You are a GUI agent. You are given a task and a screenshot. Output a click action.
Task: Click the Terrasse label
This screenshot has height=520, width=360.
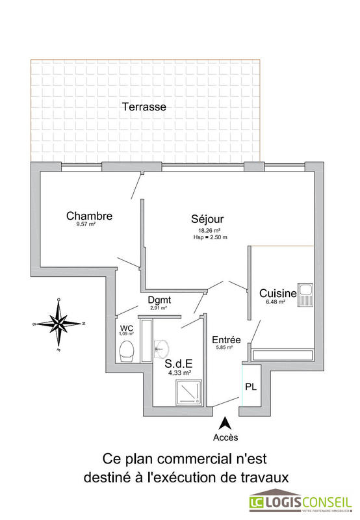[144, 107]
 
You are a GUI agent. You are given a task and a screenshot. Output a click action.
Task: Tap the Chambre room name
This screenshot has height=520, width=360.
[90, 216]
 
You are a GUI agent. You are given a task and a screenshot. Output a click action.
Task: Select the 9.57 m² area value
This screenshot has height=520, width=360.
[86, 225]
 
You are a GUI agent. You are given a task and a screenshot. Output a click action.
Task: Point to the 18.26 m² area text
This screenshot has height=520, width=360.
[209, 231]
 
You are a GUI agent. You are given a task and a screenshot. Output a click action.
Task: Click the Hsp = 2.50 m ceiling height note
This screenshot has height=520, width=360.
[209, 238]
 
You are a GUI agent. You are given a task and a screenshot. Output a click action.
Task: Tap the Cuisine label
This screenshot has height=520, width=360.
[277, 294]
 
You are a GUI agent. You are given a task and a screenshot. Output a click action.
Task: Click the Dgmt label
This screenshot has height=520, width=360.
[159, 300]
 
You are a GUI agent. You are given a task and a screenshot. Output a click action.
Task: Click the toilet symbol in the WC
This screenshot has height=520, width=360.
[127, 350]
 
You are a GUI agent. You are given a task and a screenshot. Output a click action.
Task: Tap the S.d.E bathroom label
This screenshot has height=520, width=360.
[179, 365]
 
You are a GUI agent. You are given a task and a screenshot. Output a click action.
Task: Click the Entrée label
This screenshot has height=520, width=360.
[227, 340]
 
